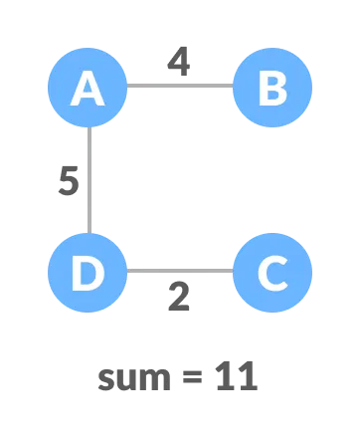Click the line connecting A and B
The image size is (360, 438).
pyautogui.click(x=180, y=86)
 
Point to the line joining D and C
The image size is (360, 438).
pyautogui.click(x=180, y=271)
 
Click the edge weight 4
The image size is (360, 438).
pyautogui.click(x=178, y=62)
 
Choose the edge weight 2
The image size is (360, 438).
pyautogui.click(x=179, y=297)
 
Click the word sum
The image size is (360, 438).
pyautogui.click(x=133, y=377)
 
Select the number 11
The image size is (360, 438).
pyautogui.click(x=237, y=376)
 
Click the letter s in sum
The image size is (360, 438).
pyautogui.click(x=106, y=379)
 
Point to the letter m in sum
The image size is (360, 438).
pyautogui.click(x=154, y=379)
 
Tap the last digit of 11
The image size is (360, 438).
pyautogui.click(x=248, y=376)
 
